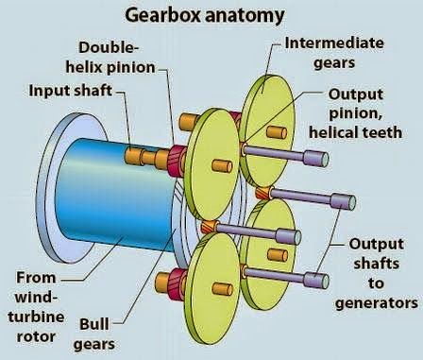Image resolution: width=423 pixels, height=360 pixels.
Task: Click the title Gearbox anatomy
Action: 212,15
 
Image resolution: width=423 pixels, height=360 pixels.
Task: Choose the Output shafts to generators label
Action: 377,273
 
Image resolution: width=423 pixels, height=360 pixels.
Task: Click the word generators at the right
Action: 377,303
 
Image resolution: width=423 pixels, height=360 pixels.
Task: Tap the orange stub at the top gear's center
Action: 277,132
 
